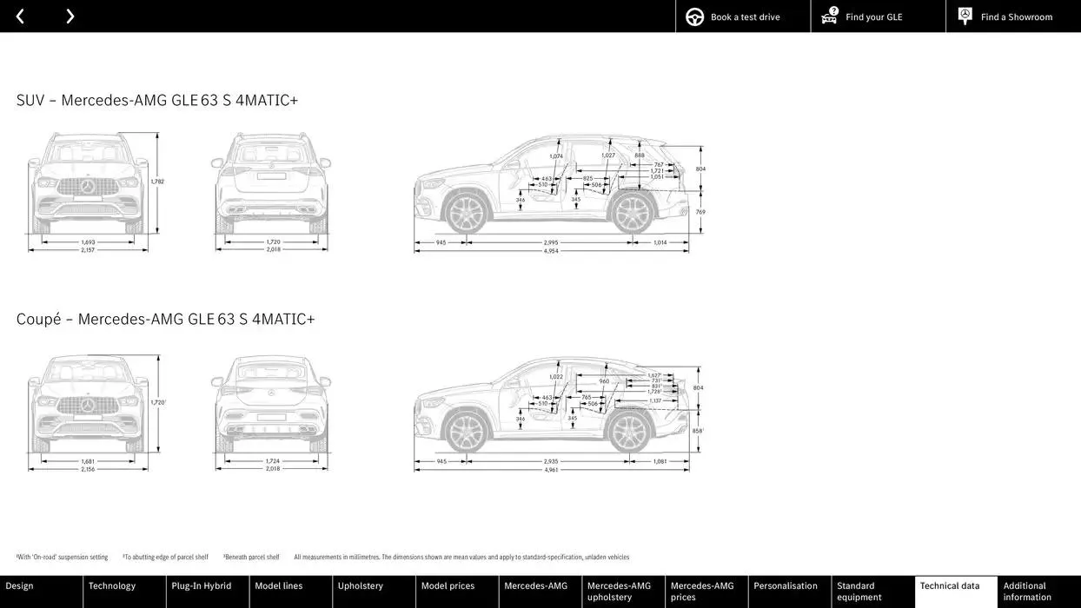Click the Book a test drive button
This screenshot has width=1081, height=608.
(x=743, y=17)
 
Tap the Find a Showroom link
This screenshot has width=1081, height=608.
(x=1013, y=17)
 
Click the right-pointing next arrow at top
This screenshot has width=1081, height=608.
(x=70, y=17)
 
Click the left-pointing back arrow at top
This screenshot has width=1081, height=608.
(x=20, y=17)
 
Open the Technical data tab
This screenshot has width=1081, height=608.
(x=955, y=591)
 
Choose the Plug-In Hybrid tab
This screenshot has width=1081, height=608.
(x=207, y=591)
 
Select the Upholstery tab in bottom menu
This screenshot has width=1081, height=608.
(x=374, y=591)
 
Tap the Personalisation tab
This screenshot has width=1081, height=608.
(x=789, y=591)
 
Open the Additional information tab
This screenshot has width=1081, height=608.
(x=1038, y=591)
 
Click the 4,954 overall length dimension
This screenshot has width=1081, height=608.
(x=551, y=251)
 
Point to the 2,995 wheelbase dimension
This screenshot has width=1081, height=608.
(x=551, y=242)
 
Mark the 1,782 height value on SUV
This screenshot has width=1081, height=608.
(x=157, y=182)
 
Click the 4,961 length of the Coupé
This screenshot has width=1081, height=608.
(x=551, y=470)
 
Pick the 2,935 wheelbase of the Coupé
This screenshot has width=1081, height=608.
(x=551, y=461)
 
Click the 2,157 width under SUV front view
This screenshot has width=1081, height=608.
(x=88, y=250)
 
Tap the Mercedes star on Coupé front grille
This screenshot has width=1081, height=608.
(x=88, y=405)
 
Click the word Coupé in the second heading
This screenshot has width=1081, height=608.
(x=38, y=319)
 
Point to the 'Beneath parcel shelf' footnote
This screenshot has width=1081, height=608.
(x=251, y=557)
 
